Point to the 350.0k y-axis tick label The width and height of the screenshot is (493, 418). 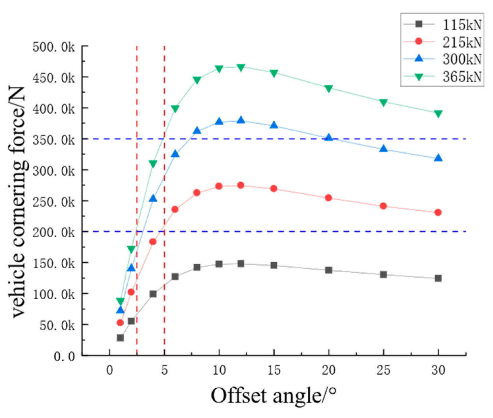point(54,139)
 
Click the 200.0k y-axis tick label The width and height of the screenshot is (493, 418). point(54,232)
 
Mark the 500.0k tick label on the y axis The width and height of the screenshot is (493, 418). point(54,47)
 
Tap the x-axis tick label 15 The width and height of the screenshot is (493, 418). point(274,370)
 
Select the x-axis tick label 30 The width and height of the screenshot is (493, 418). point(438,370)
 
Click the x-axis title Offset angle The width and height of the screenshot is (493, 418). point(273,395)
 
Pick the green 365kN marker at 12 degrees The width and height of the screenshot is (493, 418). point(241,67)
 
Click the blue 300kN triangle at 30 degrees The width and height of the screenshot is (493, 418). point(438,158)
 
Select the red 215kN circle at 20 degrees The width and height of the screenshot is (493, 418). point(329,198)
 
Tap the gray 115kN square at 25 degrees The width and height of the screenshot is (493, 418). point(383,274)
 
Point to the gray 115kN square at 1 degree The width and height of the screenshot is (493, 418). point(120,338)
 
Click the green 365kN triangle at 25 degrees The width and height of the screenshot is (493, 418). point(383,102)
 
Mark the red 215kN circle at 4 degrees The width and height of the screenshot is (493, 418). point(153,242)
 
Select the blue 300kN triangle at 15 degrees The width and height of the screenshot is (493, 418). point(274,125)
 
